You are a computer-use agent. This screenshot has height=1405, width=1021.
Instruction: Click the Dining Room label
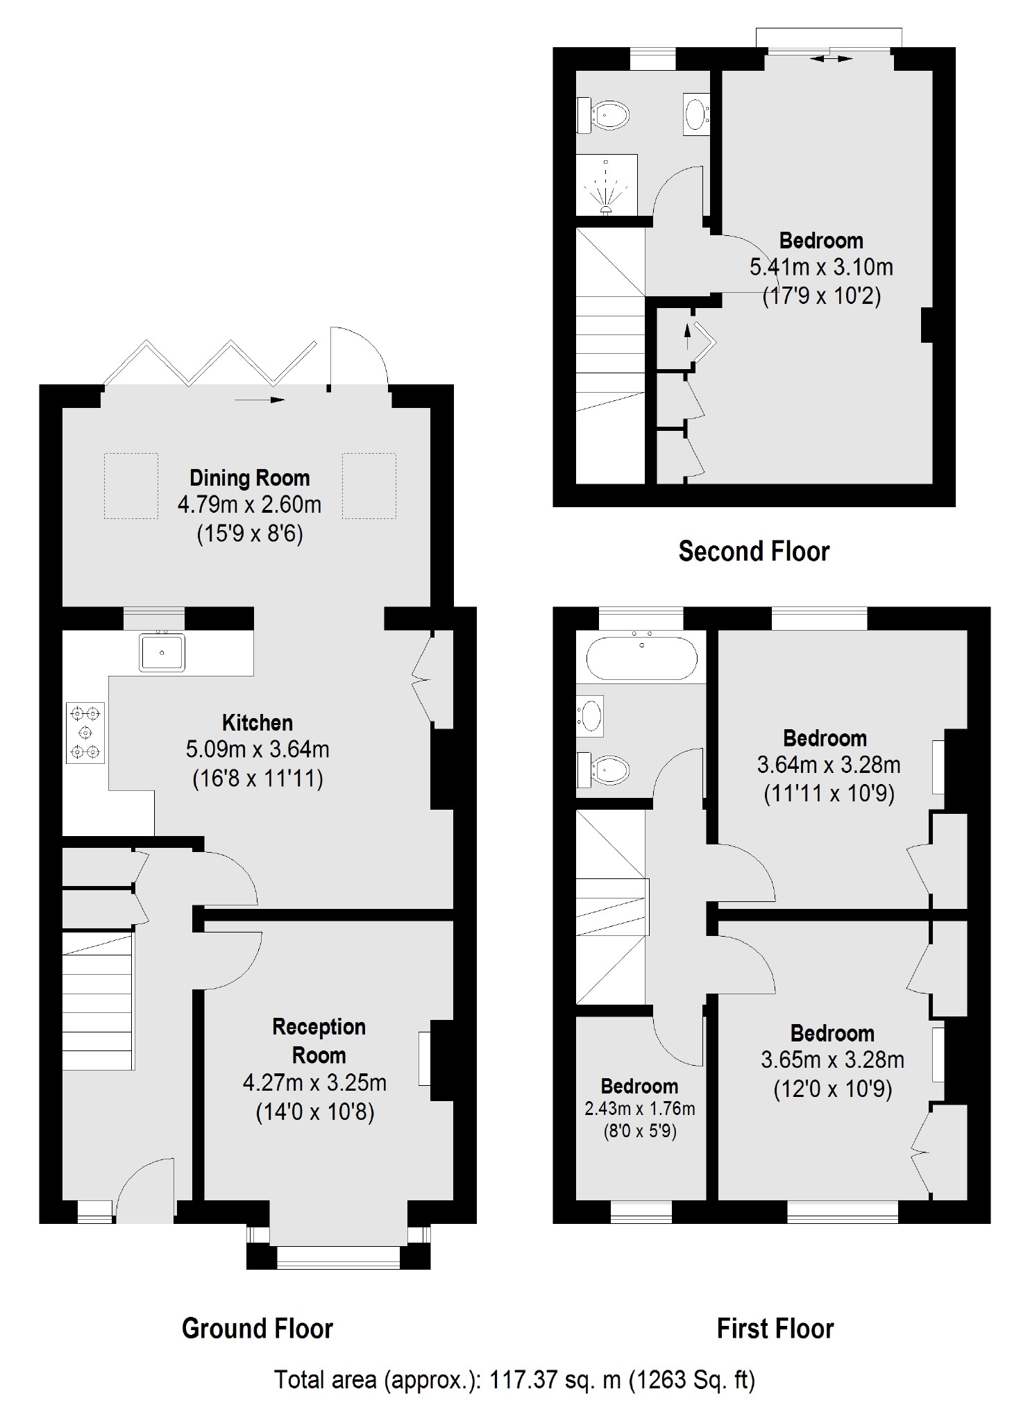[x=250, y=478]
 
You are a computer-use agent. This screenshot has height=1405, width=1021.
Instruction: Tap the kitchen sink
[x=162, y=652]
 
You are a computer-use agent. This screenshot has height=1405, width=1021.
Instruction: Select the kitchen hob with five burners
[x=85, y=733]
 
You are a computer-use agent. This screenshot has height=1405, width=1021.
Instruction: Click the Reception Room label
[x=319, y=1041]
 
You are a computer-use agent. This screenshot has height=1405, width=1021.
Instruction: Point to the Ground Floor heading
[x=258, y=1328]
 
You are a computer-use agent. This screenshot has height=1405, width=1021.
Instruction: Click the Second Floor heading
[x=754, y=552]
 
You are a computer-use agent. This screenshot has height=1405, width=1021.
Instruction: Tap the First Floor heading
[x=775, y=1328]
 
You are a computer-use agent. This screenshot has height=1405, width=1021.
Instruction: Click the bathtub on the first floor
[x=642, y=657]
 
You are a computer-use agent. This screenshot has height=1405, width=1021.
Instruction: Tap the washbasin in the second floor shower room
[x=695, y=112]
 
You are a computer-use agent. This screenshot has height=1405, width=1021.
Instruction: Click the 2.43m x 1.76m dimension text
[x=639, y=1109]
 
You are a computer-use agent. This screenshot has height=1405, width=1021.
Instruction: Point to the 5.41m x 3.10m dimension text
[x=821, y=268]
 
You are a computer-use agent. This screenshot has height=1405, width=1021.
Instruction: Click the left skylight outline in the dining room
[x=131, y=486]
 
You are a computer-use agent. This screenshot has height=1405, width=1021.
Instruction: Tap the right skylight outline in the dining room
[x=369, y=486]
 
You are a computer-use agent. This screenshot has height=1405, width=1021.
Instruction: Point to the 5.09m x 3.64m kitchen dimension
[x=258, y=750]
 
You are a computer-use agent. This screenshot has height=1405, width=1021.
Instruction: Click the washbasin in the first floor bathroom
[x=591, y=715]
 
